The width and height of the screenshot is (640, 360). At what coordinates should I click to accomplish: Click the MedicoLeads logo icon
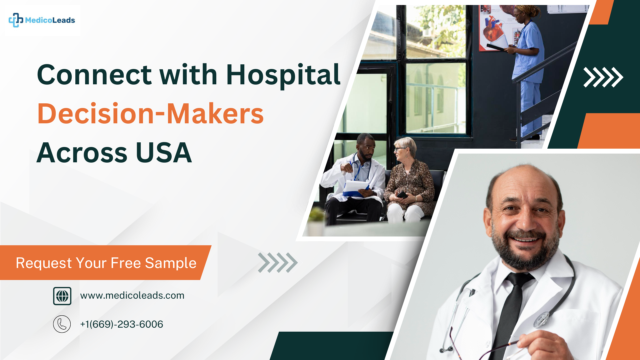point(16,20)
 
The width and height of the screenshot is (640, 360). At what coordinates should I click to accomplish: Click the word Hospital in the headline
point(283,75)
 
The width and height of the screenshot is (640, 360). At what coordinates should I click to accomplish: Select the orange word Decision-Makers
point(150,114)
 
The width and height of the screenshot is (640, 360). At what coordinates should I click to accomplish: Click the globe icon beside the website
point(62,296)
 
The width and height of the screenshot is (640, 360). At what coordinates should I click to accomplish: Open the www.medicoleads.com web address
point(132,295)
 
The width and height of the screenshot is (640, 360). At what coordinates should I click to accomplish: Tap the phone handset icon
point(62,324)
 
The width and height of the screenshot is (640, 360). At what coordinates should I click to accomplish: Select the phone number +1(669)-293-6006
point(122,324)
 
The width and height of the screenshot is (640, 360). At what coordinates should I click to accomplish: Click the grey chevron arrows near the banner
point(278,263)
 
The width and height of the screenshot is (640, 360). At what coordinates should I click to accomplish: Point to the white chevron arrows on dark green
point(603,77)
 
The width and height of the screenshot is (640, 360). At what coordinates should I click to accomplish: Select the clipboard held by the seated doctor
point(355,188)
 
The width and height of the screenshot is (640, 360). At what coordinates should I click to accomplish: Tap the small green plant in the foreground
point(317,215)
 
